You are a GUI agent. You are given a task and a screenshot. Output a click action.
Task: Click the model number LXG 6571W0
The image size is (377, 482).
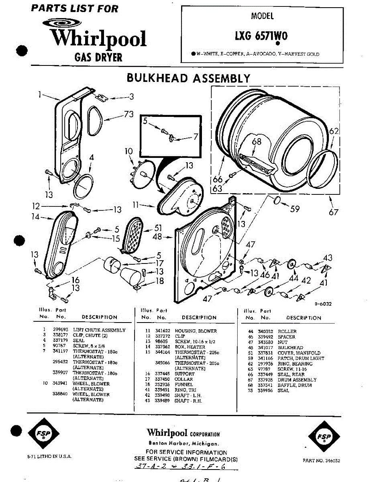point(261,36)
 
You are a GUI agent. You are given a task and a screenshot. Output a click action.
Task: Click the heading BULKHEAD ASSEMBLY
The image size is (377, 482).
point(188,78)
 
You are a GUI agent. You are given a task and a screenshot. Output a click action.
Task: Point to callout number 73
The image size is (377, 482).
point(128,114)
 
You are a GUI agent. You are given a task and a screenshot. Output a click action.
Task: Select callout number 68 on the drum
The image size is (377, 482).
point(257,141)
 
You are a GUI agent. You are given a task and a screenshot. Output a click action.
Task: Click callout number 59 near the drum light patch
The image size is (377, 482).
point(295,209)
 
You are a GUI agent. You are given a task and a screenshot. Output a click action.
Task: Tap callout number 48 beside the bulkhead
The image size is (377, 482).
point(157,237)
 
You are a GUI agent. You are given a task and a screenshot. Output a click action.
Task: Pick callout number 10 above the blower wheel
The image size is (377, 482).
point(128,151)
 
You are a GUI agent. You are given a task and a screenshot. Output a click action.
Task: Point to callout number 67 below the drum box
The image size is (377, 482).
point(333,212)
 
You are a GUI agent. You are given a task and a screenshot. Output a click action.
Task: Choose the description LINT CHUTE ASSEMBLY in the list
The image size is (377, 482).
point(99,330)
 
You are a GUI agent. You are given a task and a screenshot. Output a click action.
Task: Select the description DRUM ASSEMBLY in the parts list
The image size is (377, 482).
point(297,380)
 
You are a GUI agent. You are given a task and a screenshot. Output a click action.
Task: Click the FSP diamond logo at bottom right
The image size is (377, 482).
point(323,437)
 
